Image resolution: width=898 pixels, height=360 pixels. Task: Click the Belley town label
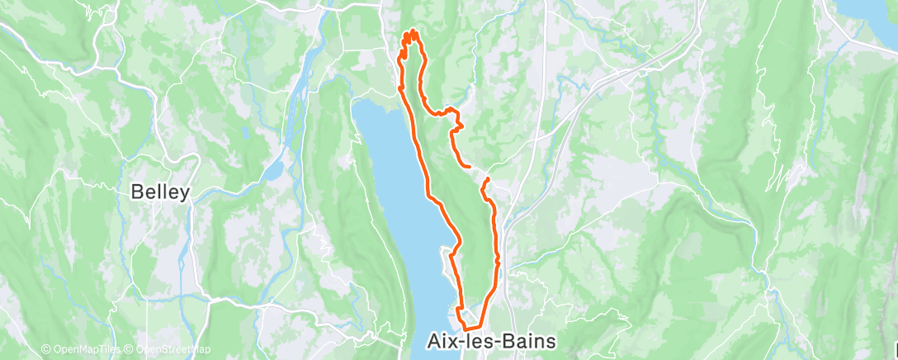tap(161, 192)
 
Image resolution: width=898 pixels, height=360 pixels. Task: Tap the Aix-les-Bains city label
tap(492, 341)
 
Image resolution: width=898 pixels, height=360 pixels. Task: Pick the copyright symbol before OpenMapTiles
tap(46, 349)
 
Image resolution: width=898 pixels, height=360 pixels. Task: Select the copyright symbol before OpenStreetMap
tap(130, 349)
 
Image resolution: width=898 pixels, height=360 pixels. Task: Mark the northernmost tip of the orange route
tap(411, 31)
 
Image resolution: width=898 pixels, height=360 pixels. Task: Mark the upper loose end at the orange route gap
tap(470, 168)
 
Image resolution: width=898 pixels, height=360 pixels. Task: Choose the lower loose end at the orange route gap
tap(488, 179)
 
